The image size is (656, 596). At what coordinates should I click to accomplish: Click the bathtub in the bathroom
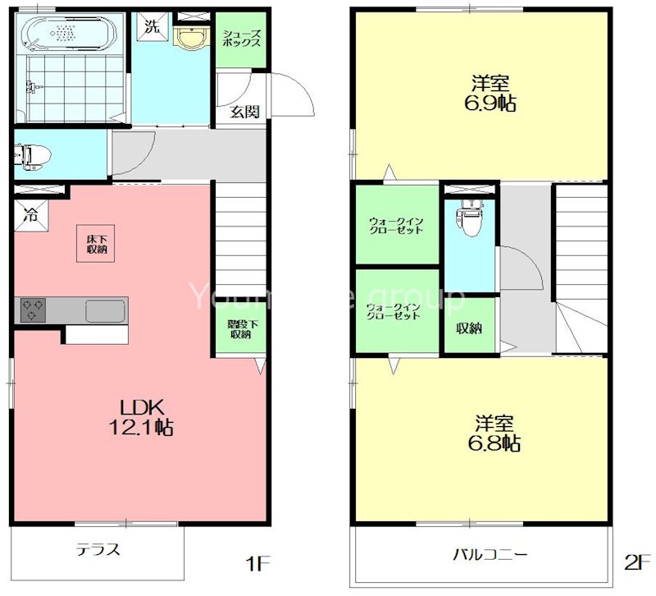click(x=69, y=34)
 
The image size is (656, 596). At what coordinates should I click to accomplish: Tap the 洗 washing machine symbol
click(x=151, y=25)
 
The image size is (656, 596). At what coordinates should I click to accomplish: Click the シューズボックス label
click(x=242, y=38)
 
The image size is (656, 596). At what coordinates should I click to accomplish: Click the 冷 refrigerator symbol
click(x=30, y=218)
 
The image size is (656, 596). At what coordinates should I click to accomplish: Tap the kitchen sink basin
click(x=104, y=311)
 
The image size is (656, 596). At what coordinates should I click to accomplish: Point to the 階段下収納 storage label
click(x=240, y=328)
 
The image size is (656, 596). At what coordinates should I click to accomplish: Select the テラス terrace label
click(x=98, y=549)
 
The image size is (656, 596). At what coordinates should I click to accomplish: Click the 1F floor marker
click(x=257, y=563)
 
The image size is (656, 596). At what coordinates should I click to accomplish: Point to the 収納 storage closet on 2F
click(x=469, y=328)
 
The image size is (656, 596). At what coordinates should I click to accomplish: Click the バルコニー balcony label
click(x=490, y=554)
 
